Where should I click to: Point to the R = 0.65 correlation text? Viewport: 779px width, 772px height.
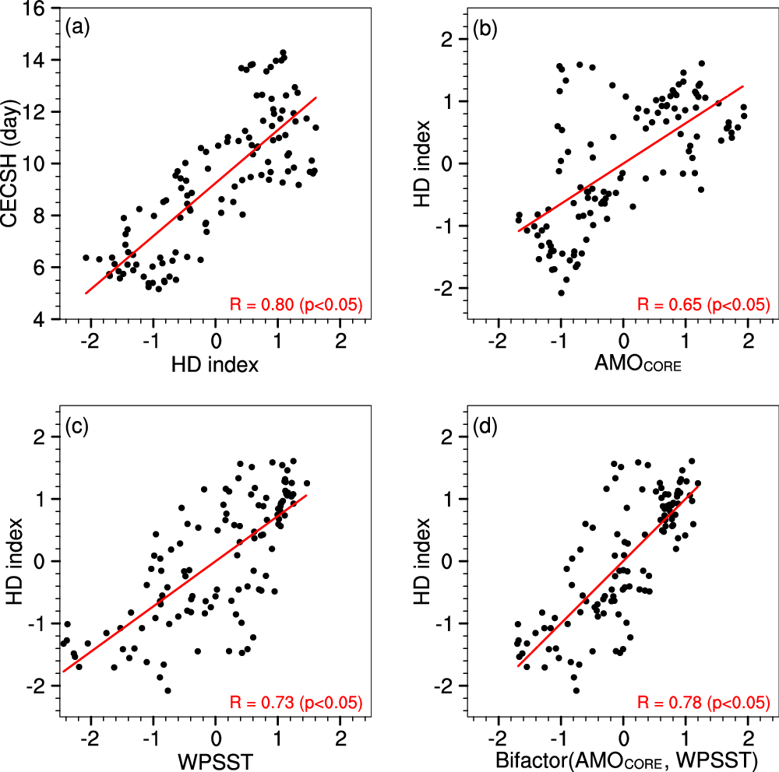(x=704, y=304)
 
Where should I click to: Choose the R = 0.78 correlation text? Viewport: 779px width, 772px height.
(x=704, y=702)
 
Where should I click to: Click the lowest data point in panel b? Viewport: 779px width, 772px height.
(x=561, y=293)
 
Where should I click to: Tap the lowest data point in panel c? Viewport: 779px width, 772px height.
(x=168, y=690)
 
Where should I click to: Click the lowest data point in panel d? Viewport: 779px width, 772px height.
(x=576, y=690)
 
